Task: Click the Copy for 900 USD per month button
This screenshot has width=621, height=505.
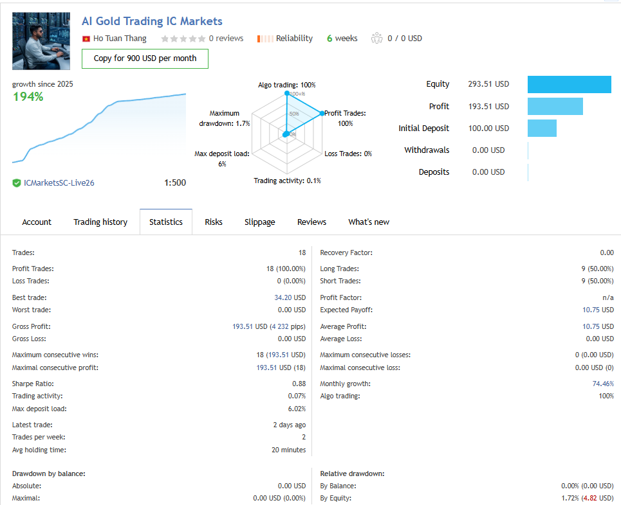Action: point(145,58)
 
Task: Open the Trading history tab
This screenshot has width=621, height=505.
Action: point(100,222)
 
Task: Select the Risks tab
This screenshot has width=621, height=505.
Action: point(214,222)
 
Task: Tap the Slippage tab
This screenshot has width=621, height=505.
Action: point(259,222)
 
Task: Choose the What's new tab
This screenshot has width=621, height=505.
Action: point(369,222)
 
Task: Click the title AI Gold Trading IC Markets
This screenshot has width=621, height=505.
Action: point(152,22)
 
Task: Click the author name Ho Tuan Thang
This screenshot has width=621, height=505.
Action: point(120,39)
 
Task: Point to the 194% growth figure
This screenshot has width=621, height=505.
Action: point(28,97)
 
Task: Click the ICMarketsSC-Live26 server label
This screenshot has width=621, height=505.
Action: point(59,183)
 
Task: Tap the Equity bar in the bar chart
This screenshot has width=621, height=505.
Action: point(569,84)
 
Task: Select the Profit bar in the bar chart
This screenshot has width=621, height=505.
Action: point(555,107)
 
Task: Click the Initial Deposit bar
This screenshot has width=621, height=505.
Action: point(542,128)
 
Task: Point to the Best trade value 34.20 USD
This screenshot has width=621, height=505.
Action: point(290,298)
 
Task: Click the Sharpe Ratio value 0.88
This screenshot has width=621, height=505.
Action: point(299,384)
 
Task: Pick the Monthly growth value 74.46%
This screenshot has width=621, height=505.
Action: point(602,384)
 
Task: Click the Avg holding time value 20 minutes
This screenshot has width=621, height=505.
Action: point(288,450)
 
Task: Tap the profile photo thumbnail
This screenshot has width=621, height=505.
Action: point(41,41)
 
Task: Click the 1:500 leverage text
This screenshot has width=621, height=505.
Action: point(175,183)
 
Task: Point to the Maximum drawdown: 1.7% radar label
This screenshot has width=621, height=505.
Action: point(224,118)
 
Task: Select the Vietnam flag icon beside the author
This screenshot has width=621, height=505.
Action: point(86,39)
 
